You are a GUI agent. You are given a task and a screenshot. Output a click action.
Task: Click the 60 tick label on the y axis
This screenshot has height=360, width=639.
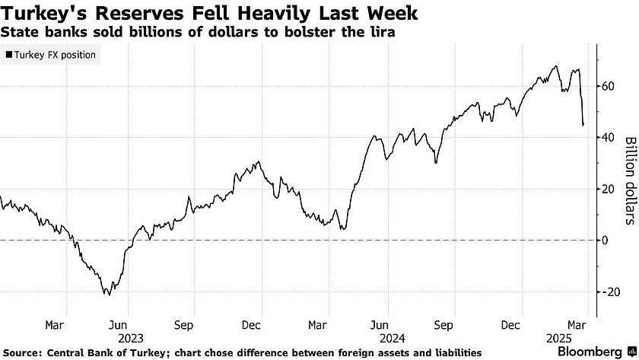tap(608, 86)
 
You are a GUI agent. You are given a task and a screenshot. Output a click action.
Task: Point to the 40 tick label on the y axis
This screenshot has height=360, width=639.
tap(608, 138)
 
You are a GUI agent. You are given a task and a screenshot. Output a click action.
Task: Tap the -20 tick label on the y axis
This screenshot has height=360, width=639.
tap(610, 292)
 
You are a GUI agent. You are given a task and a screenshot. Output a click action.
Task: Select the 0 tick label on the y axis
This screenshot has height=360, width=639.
tap(605, 240)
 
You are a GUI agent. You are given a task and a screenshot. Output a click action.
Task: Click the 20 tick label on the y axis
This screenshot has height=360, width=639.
tap(608, 189)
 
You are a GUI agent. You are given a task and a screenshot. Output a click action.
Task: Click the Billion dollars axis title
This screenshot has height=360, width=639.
tap(629, 181)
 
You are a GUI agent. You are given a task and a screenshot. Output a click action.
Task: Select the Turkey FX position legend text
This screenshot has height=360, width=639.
tap(55, 55)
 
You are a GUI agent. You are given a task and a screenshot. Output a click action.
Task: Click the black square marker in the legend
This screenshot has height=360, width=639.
tap(8, 55)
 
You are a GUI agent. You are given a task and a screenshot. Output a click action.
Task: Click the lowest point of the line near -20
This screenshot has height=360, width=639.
tap(107, 295)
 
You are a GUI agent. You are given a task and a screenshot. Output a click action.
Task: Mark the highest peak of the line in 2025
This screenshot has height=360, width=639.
tap(556, 66)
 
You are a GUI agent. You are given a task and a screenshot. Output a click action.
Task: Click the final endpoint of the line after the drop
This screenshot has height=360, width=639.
tap(583, 125)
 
